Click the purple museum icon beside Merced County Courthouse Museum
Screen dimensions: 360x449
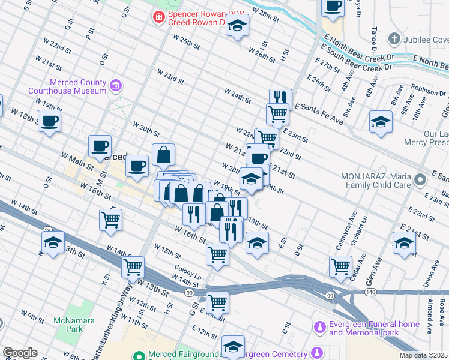(x=116, y=87)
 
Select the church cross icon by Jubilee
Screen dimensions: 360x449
(x=394, y=40)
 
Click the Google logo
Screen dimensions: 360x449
(x=20, y=353)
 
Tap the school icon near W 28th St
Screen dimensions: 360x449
(x=238, y=25)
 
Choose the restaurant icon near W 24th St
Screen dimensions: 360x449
(x=280, y=97)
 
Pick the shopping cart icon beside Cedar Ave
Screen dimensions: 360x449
(x=340, y=265)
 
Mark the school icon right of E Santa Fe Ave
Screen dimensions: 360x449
(x=381, y=122)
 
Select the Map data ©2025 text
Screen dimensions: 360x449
(x=423, y=355)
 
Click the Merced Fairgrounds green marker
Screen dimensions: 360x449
(x=139, y=355)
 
